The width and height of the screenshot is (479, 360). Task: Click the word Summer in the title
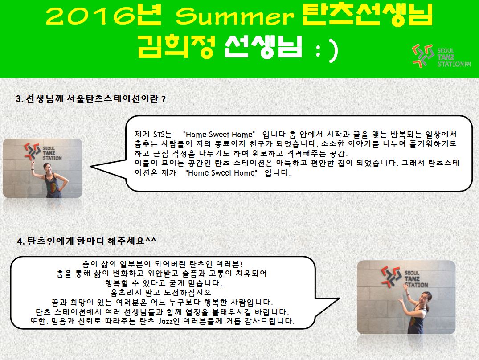[x=235, y=16]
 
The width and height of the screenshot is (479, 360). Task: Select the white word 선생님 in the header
[x=263, y=47]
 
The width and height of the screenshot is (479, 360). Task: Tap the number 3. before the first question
[x=20, y=99]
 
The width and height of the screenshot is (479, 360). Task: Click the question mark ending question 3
[x=164, y=99]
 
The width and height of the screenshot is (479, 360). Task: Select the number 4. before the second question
[x=21, y=241]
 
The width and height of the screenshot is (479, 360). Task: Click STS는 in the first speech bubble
[x=162, y=135]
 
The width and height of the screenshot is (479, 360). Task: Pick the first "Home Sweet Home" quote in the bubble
[x=219, y=135]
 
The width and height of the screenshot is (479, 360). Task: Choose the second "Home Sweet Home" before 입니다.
[x=221, y=173]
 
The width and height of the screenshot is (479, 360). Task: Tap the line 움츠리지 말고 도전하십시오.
[x=162, y=293]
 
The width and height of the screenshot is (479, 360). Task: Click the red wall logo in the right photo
[x=391, y=277]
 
